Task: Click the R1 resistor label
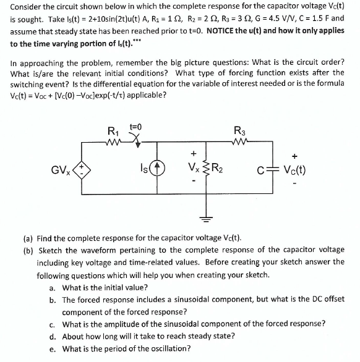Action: click(x=113, y=131)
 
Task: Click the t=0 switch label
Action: click(x=135, y=127)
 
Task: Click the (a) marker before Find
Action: click(x=28, y=238)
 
